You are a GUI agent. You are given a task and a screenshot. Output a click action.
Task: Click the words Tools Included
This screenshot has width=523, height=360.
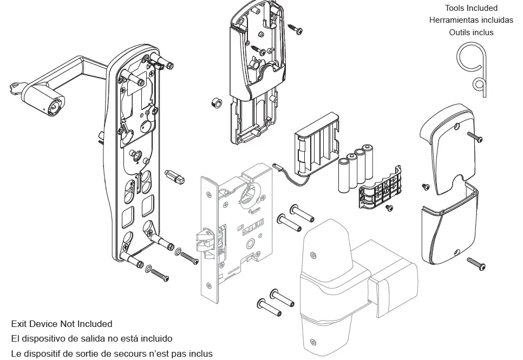(471, 8)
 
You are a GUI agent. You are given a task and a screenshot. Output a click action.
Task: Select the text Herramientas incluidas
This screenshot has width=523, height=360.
(471, 20)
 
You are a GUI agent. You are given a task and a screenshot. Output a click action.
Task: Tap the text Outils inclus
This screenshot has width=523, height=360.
(471, 32)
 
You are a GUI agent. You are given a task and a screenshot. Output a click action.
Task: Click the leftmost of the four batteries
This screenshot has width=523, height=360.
(344, 176)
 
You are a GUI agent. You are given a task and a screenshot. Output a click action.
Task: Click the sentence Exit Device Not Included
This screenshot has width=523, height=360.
(62, 324)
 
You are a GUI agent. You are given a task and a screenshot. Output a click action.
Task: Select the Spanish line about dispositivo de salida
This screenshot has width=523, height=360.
(91, 338)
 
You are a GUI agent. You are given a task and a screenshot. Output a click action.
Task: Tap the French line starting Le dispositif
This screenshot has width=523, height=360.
(112, 353)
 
